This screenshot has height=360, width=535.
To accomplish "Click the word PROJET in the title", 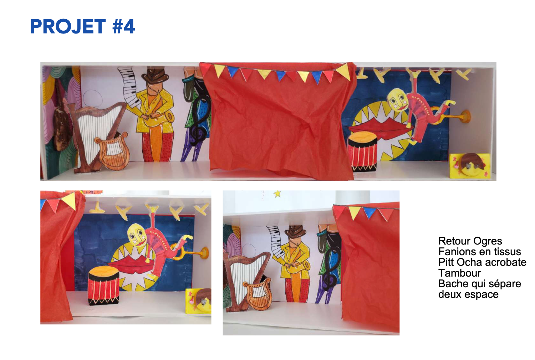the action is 68,26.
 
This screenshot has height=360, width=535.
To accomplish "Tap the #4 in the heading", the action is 124,26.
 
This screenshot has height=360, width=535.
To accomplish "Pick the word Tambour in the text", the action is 459,273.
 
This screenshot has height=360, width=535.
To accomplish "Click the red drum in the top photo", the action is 362,151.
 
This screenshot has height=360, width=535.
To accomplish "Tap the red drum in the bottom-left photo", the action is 104,285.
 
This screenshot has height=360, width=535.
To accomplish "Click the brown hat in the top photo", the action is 155,75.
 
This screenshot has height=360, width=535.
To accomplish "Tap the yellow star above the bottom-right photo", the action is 277,194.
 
